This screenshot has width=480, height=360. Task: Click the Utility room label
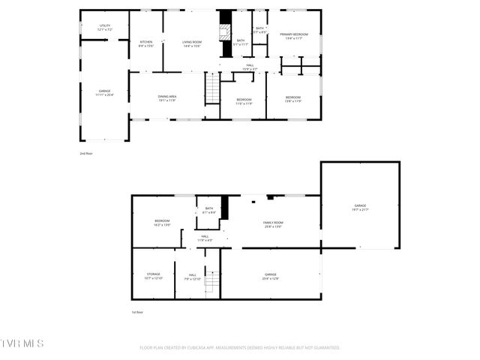[x=104, y=26]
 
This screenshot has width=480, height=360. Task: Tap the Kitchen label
[x=146, y=42]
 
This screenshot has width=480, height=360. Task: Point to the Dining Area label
[x=167, y=97]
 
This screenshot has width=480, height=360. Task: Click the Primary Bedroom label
[x=294, y=34]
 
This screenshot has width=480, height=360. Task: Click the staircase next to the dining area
[x=212, y=91]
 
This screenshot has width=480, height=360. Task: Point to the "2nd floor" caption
[x=86, y=153]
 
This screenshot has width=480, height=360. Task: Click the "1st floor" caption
[x=137, y=312]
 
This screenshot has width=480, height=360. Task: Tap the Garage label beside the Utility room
[x=105, y=91]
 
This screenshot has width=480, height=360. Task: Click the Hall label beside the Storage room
[x=193, y=276]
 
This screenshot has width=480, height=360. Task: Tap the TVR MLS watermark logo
[x=22, y=343]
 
